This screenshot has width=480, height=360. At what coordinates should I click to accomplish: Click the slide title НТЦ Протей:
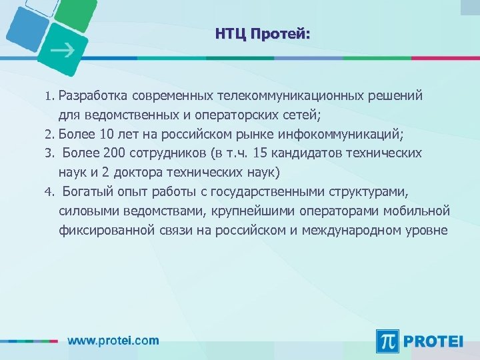click(263, 34)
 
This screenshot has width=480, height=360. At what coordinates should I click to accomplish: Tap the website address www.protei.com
click(113, 340)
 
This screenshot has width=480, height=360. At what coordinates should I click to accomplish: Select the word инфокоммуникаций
click(345, 134)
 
